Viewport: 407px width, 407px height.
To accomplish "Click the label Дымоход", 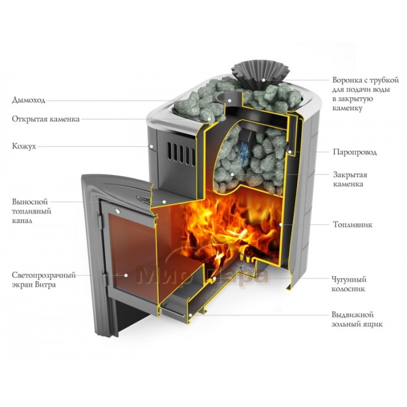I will [x=28, y=100].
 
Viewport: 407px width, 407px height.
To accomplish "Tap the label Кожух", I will [x=24, y=147].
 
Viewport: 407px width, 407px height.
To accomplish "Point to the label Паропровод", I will [x=355, y=152].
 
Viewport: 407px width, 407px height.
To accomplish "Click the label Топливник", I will [x=351, y=224].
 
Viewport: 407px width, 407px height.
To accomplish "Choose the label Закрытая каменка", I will [x=349, y=179].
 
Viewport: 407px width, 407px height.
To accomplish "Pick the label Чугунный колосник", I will [x=351, y=283].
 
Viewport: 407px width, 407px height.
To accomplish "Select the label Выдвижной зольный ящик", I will [x=357, y=319].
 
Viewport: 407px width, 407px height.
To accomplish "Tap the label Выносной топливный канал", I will [x=31, y=211].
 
